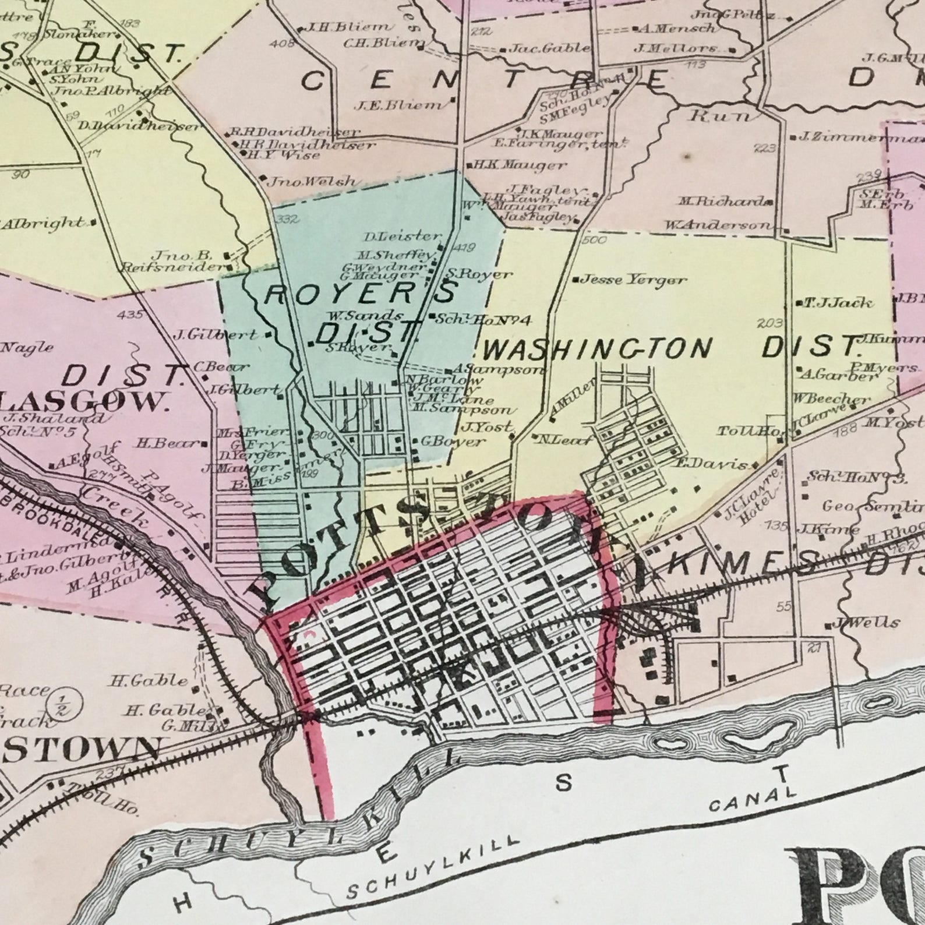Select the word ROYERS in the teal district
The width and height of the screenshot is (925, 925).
point(359,292)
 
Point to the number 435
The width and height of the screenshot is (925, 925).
point(129,315)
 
